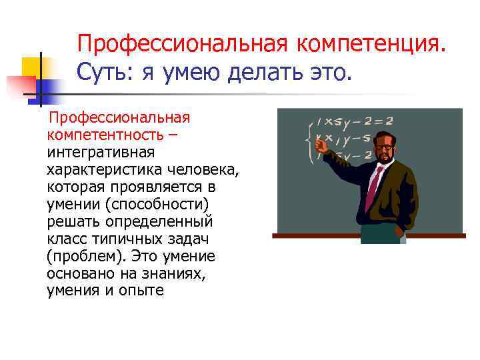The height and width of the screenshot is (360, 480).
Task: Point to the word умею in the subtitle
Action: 187,72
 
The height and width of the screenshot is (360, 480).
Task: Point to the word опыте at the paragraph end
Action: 139,291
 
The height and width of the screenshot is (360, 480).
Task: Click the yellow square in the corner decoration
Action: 31,67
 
